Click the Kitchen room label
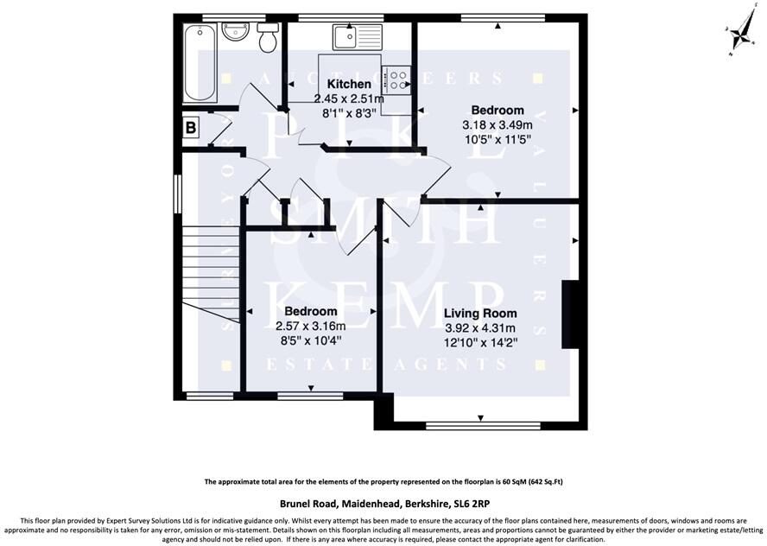coord(349,85)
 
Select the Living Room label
coord(480,314)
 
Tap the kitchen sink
coord(355,37)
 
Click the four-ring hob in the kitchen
coord(398,79)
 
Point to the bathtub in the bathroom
coord(199,63)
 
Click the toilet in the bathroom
coord(268,38)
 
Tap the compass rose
coord(739,35)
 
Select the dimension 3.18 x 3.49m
coord(497,124)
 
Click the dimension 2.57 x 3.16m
coord(310,326)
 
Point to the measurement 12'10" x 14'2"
coord(480,341)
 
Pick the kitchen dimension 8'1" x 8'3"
coord(349,112)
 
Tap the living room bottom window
coord(484,424)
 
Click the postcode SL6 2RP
coord(473,504)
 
